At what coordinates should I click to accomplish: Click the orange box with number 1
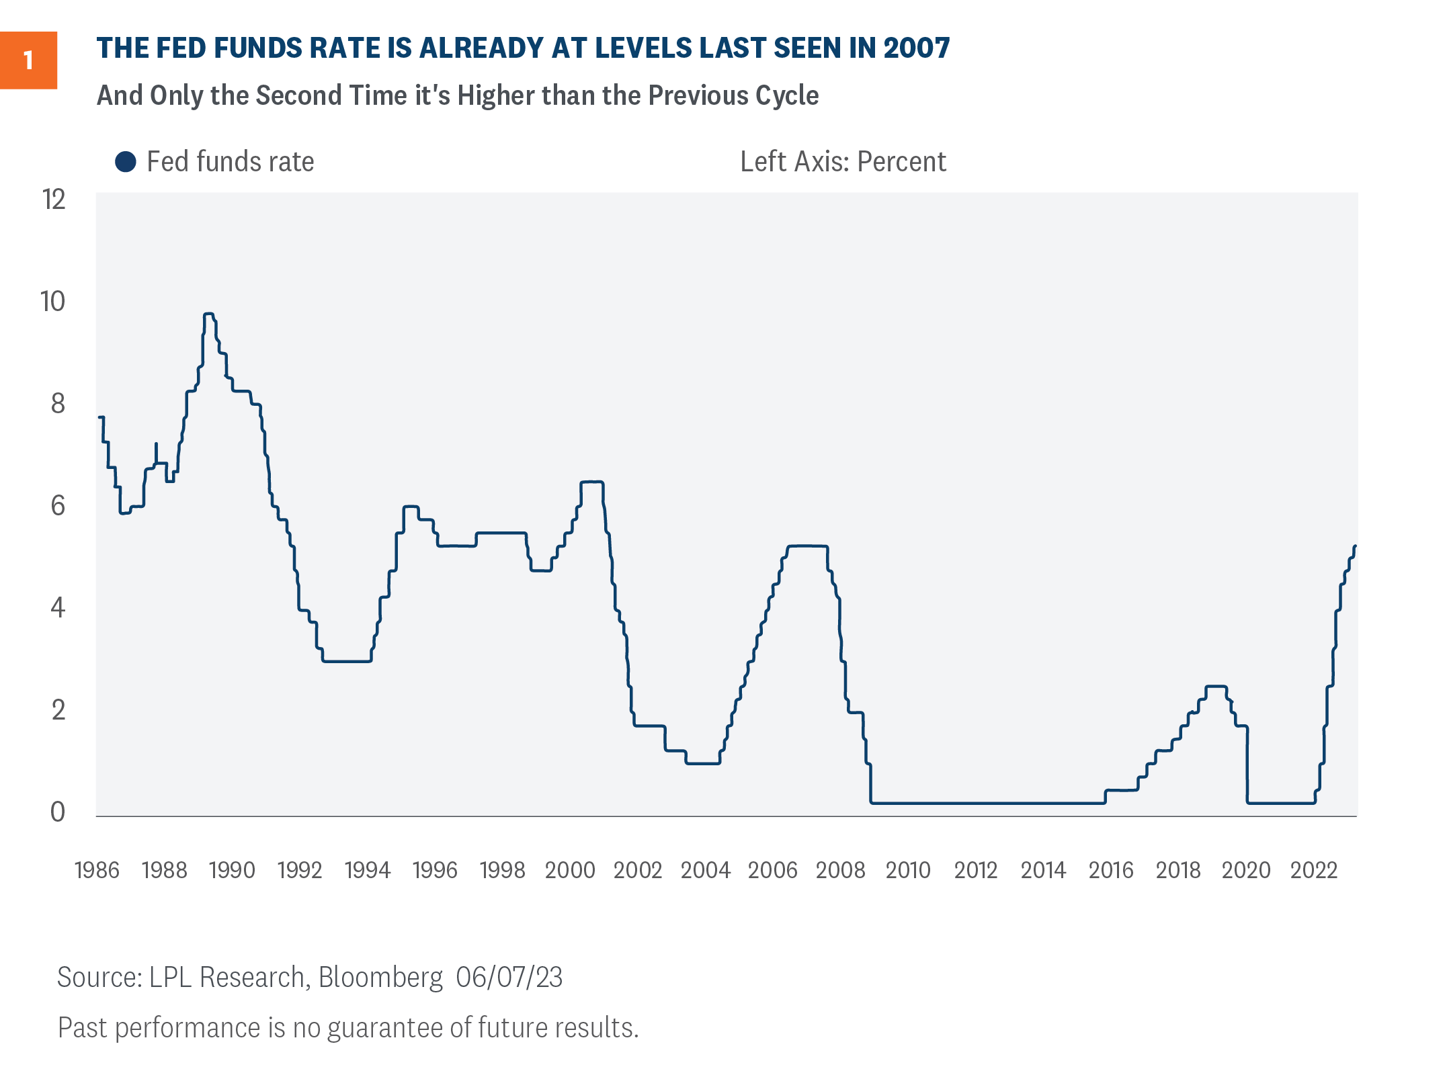pos(28,60)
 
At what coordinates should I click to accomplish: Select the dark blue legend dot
pos(126,162)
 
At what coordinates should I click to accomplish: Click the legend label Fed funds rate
pos(230,162)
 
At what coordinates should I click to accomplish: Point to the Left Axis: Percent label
pos(843,162)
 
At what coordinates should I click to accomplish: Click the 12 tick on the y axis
pos(54,200)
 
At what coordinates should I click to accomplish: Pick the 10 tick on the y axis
pos(53,302)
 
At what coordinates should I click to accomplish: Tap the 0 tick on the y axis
pos(58,812)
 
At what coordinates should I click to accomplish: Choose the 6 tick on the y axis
pos(58,506)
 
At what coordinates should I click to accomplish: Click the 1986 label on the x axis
pos(97,871)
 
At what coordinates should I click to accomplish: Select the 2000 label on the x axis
pos(570,871)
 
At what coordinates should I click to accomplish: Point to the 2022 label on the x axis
pos(1314,871)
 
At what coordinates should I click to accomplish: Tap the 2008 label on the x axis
pos(841,871)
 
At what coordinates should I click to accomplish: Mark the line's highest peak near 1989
pos(208,314)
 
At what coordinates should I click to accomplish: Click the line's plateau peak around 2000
pos(592,482)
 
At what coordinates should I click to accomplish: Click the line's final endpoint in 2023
pos(1356,546)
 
